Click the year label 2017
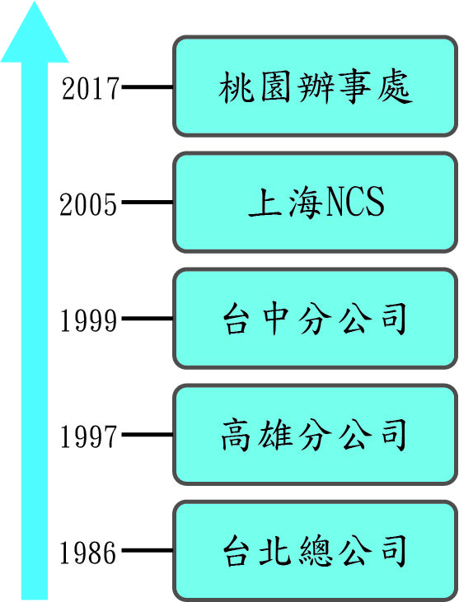91,88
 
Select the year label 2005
88,204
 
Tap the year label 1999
88,320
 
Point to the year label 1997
88,436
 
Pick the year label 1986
88,553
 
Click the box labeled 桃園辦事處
315,86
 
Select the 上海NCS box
315,203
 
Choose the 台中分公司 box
315,319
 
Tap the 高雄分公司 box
315,435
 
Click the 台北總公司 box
315,551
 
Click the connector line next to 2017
148,87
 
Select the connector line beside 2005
148,203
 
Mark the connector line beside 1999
148,318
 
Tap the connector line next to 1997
148,435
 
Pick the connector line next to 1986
148,551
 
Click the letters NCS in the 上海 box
355,201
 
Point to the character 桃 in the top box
236,87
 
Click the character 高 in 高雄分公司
235,435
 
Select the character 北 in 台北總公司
274,551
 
